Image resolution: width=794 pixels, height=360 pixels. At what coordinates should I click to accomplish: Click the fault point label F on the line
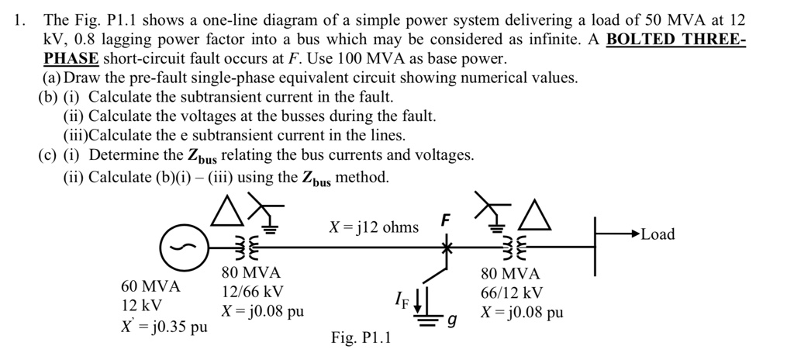(x=444, y=220)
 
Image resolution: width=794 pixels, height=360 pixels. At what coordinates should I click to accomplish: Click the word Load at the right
(x=658, y=234)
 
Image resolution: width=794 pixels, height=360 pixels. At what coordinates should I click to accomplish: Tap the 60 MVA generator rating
(x=151, y=286)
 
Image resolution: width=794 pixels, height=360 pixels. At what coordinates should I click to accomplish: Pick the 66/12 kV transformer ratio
(x=512, y=292)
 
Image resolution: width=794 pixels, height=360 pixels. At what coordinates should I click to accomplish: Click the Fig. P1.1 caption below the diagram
(x=361, y=338)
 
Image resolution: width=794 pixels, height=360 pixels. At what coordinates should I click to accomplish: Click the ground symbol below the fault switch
(x=426, y=318)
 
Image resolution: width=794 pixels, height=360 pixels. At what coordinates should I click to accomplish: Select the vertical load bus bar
(x=595, y=247)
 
